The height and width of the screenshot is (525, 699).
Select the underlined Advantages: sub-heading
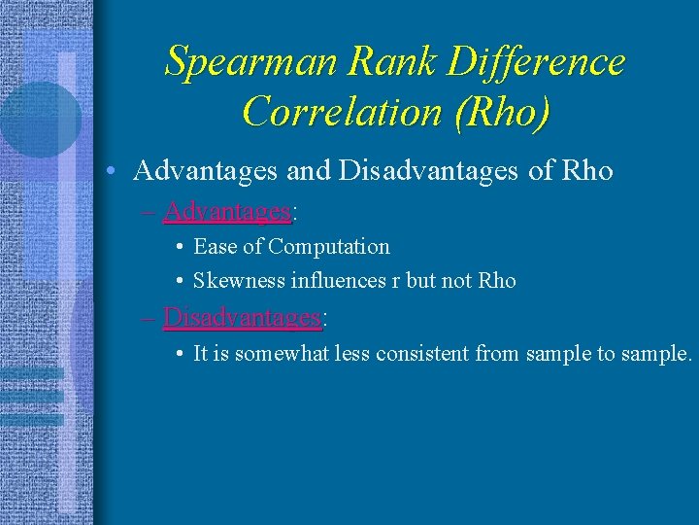click(229, 211)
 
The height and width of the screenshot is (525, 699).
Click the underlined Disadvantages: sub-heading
click(244, 317)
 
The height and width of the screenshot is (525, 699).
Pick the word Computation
click(329, 247)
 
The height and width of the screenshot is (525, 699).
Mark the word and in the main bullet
click(310, 171)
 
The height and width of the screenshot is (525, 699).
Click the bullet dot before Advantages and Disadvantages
click(114, 172)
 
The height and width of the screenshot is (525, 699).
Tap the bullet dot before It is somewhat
click(182, 355)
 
